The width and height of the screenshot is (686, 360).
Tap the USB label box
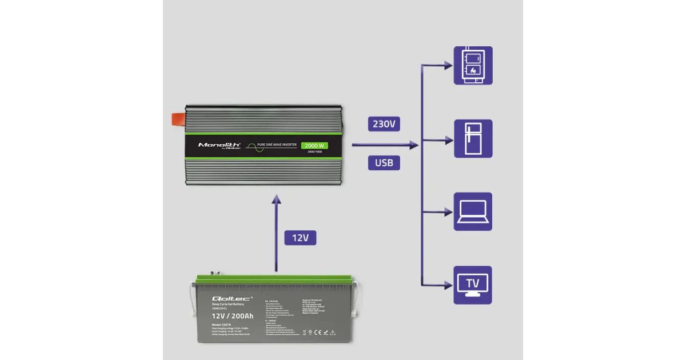tap(384, 163)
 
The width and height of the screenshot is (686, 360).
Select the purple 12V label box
tap(300, 238)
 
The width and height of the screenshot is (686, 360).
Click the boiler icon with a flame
tap(473, 66)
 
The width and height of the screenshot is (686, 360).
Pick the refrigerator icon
tap(473, 139)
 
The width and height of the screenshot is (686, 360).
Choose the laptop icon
tap(473, 212)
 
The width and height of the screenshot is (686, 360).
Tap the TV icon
tap(473, 285)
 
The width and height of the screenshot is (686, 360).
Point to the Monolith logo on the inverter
tap(219, 145)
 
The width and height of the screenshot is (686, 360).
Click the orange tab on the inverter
tap(177, 119)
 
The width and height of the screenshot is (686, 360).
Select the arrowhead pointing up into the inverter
tap(276, 199)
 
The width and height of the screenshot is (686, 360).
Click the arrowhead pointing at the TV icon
tap(449, 285)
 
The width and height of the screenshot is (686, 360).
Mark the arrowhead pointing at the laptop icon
tap(449, 212)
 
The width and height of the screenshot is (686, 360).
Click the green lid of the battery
tap(274, 280)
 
